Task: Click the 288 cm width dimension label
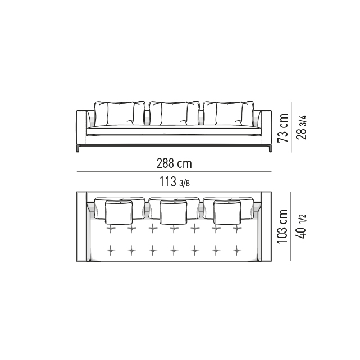(174, 163)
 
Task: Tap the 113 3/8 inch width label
(175, 181)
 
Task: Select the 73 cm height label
(283, 127)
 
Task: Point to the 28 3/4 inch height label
(301, 127)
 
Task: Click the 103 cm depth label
(282, 226)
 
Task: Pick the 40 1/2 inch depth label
(301, 226)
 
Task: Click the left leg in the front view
(78, 148)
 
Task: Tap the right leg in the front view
(270, 148)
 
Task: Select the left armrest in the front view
(81, 127)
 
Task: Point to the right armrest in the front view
(266, 127)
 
